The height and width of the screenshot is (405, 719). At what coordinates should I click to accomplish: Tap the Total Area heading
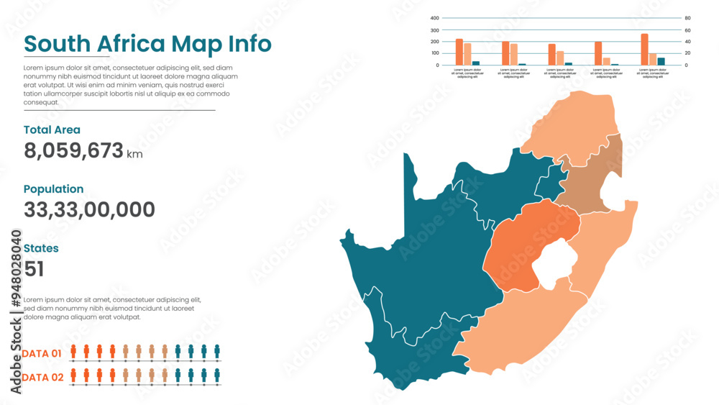click(x=52, y=130)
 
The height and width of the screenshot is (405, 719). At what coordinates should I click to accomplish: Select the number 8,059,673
click(x=73, y=150)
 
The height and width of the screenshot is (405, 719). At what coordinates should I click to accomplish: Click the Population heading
click(x=53, y=189)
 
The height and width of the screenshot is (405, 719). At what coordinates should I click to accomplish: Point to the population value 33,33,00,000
click(x=89, y=210)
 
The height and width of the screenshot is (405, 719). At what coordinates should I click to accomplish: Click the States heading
click(x=41, y=248)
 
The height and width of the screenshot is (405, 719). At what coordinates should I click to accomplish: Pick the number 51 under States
click(x=34, y=269)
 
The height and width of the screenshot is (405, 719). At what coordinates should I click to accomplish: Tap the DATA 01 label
click(x=42, y=353)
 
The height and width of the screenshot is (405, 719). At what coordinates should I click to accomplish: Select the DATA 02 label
click(x=42, y=377)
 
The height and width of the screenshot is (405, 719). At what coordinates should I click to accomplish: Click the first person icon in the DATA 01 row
click(x=73, y=352)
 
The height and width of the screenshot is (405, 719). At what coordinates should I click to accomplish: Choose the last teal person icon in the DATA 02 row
click(x=217, y=376)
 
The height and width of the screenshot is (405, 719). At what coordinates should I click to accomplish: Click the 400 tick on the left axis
click(x=434, y=18)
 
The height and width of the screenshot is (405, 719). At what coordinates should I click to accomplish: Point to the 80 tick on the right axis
click(x=687, y=18)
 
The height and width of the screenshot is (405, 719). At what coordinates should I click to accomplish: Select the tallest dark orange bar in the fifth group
click(x=644, y=50)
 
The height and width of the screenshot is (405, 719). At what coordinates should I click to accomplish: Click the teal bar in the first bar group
click(x=476, y=63)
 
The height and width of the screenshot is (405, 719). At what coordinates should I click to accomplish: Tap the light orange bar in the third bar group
click(x=560, y=58)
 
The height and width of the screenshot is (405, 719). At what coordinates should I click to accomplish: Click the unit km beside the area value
click(x=134, y=154)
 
